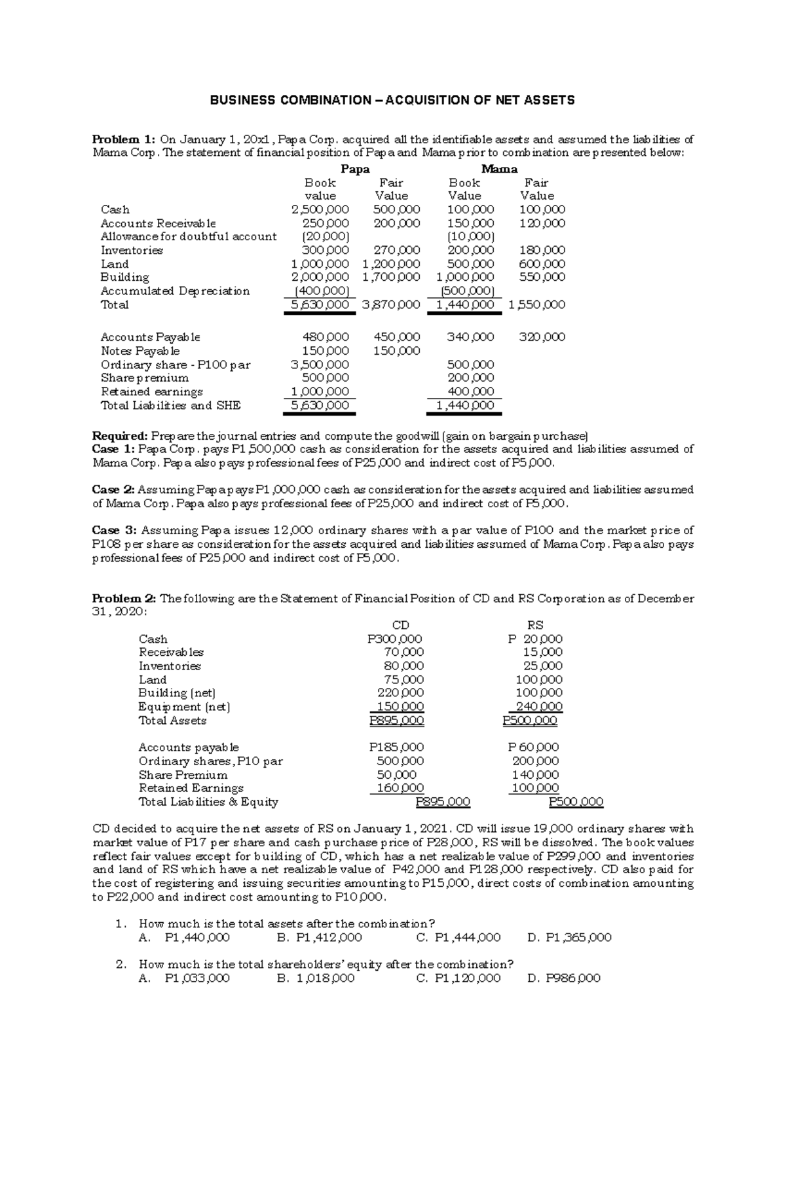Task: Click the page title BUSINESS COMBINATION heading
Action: pos(392,100)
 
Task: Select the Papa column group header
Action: pos(355,169)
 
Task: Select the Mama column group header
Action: pos(500,169)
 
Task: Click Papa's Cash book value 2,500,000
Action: pos(320,209)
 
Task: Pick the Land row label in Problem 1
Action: pos(115,264)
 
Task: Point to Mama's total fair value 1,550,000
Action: pos(536,304)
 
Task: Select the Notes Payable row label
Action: pos(140,351)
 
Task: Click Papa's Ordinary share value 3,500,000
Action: pos(320,365)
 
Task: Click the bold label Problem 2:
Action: pos(124,598)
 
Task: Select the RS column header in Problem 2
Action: pos(535,625)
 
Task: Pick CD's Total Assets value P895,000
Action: pos(396,721)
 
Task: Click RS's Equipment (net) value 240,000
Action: pos(536,707)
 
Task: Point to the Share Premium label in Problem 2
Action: pos(183,775)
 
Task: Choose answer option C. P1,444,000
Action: pos(458,937)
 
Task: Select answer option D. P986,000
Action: pos(563,978)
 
